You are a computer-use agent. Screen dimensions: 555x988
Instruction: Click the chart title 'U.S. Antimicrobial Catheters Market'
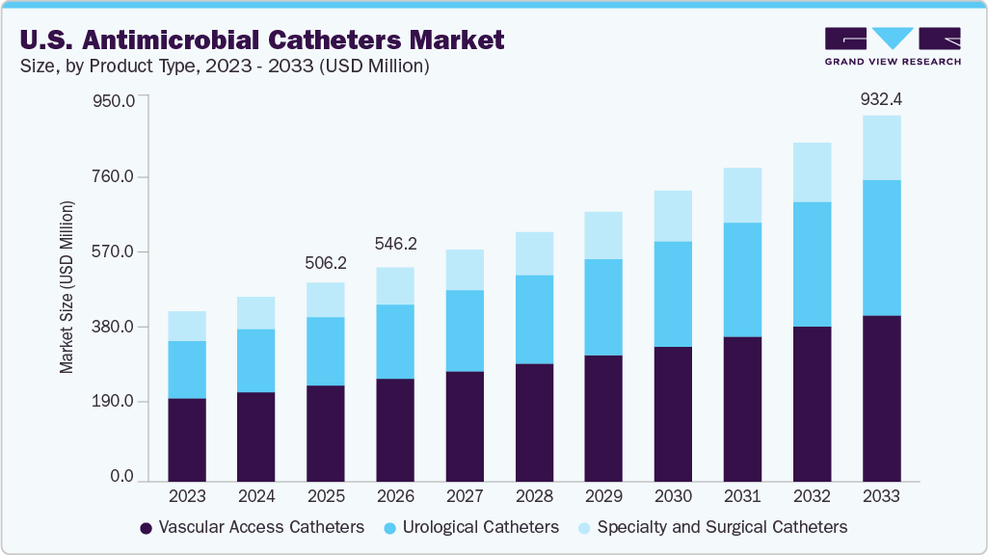(x=261, y=40)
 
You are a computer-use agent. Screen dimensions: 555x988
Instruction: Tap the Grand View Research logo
(x=893, y=45)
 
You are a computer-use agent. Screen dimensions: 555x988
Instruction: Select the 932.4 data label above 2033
(x=881, y=99)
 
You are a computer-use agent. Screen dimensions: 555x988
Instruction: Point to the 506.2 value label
(x=326, y=263)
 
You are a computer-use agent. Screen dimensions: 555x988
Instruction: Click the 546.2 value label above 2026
(x=395, y=245)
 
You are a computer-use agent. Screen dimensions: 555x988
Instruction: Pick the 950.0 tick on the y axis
(x=113, y=99)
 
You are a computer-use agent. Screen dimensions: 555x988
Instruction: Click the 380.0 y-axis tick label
(x=113, y=327)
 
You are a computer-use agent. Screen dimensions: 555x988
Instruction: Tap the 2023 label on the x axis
(x=187, y=496)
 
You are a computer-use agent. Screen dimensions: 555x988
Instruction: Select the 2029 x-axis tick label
(x=603, y=496)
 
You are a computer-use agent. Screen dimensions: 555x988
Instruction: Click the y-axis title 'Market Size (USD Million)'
(x=67, y=287)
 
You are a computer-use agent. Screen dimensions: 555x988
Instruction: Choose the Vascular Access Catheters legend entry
(x=252, y=527)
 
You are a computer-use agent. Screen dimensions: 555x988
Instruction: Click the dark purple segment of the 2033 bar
(x=881, y=398)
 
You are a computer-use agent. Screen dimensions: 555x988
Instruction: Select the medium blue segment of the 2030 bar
(x=673, y=294)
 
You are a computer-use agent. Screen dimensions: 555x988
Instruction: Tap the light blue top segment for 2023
(x=187, y=326)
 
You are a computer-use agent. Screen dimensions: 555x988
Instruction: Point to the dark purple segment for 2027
(x=465, y=426)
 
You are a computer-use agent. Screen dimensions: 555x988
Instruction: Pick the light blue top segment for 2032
(x=812, y=172)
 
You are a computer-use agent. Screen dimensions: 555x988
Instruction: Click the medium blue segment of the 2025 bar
(x=326, y=351)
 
